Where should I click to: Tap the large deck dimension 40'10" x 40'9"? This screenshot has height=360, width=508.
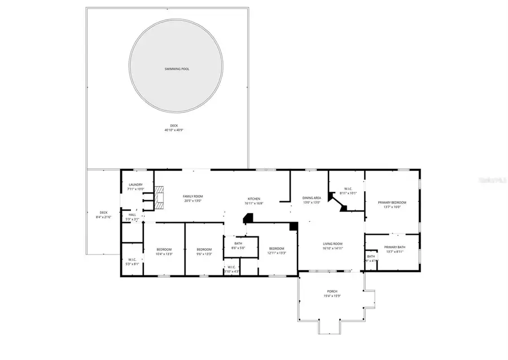174,130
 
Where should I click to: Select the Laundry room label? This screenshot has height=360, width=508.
135,185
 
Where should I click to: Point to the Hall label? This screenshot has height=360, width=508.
132,214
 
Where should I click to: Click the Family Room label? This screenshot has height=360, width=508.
192,196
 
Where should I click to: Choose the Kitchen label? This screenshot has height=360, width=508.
254,199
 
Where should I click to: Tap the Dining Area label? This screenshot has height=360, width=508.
312,198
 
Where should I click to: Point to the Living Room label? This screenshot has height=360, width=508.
332,244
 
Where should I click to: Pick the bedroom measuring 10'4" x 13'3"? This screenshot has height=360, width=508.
164,249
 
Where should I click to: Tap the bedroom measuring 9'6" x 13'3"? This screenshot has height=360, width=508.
204,249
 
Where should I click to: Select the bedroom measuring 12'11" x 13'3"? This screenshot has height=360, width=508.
277,249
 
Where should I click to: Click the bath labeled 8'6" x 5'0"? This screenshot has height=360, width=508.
238,243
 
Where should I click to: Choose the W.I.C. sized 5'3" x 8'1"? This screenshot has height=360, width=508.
132,260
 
